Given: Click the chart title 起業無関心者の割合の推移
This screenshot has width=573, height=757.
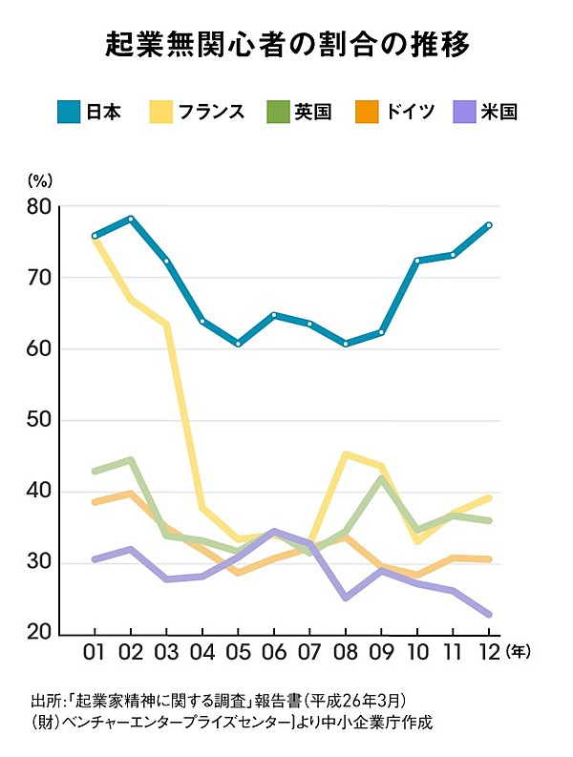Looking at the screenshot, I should (286, 45).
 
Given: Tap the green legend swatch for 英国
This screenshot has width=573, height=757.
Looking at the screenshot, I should (278, 112).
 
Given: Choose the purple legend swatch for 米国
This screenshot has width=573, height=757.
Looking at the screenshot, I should (463, 112).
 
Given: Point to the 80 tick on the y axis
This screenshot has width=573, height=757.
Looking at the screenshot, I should (39, 206).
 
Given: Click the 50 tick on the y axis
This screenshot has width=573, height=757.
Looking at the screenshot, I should (39, 420).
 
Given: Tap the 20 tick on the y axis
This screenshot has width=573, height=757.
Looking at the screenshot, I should (39, 634).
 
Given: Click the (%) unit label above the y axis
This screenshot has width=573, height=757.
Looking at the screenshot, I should (40, 179).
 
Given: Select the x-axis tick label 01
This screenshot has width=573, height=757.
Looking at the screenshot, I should (95, 652).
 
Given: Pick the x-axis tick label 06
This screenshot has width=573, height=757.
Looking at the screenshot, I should (274, 652).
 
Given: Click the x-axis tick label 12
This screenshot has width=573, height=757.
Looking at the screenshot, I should (488, 652).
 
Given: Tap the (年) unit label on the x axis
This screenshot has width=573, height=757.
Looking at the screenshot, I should (520, 651).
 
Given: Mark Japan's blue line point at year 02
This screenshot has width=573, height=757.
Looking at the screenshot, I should (131, 219).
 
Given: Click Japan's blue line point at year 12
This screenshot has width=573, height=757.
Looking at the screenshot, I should (488, 225).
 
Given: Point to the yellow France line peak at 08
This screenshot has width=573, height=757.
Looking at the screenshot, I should (345, 454).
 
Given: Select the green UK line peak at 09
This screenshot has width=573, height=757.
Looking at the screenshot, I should (381, 478).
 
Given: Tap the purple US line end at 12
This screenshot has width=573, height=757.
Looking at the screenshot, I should (488, 614).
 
